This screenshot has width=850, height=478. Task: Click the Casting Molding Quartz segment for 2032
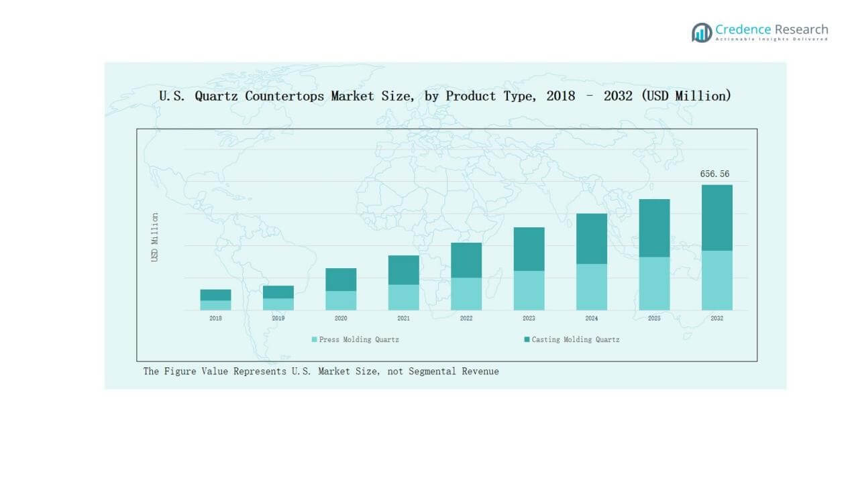(x=716, y=217)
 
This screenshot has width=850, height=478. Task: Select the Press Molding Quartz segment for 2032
(x=716, y=280)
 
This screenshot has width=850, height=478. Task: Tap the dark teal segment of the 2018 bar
(x=215, y=295)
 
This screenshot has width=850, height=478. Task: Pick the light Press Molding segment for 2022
(x=466, y=294)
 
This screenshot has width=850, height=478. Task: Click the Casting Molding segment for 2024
(x=592, y=238)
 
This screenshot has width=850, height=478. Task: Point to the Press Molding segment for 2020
(x=341, y=300)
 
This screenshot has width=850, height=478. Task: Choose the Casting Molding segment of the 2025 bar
(x=654, y=228)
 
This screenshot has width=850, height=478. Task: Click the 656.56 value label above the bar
(x=714, y=174)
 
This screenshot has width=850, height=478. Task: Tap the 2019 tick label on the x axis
(x=278, y=318)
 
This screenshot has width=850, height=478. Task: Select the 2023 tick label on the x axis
(x=529, y=318)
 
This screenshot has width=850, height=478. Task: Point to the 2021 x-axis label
(x=403, y=318)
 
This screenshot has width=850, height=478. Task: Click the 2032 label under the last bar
(x=716, y=318)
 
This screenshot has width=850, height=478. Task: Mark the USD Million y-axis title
(x=155, y=237)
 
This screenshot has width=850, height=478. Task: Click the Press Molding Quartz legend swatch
(x=314, y=340)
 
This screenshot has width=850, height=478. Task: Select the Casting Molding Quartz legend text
(x=576, y=340)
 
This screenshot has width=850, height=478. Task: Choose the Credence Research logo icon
(x=702, y=32)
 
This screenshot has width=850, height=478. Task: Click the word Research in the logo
(x=801, y=29)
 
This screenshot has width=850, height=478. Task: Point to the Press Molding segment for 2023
(x=529, y=290)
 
